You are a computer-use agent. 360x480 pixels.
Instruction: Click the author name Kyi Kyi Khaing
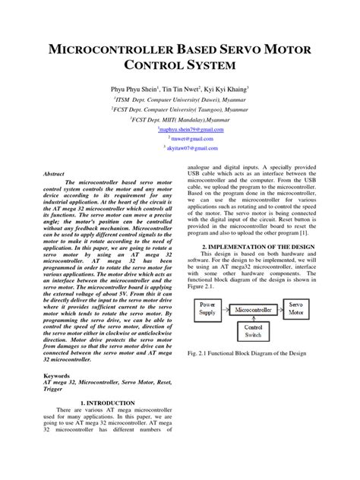(229, 88)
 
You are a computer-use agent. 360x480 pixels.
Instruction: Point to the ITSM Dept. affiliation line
(179, 99)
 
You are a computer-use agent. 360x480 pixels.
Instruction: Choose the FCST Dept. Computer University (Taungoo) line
(179, 109)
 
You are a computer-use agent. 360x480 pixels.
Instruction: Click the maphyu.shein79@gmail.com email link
(179, 130)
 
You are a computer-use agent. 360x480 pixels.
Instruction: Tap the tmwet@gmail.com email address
(181, 139)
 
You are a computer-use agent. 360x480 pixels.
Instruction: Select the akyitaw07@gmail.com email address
(181, 148)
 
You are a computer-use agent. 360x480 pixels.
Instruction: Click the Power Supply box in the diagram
(207, 308)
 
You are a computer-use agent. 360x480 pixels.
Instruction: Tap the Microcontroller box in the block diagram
(254, 310)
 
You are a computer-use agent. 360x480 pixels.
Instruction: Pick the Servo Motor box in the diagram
(296, 308)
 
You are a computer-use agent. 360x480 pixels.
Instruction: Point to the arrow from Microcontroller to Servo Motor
(280, 310)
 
